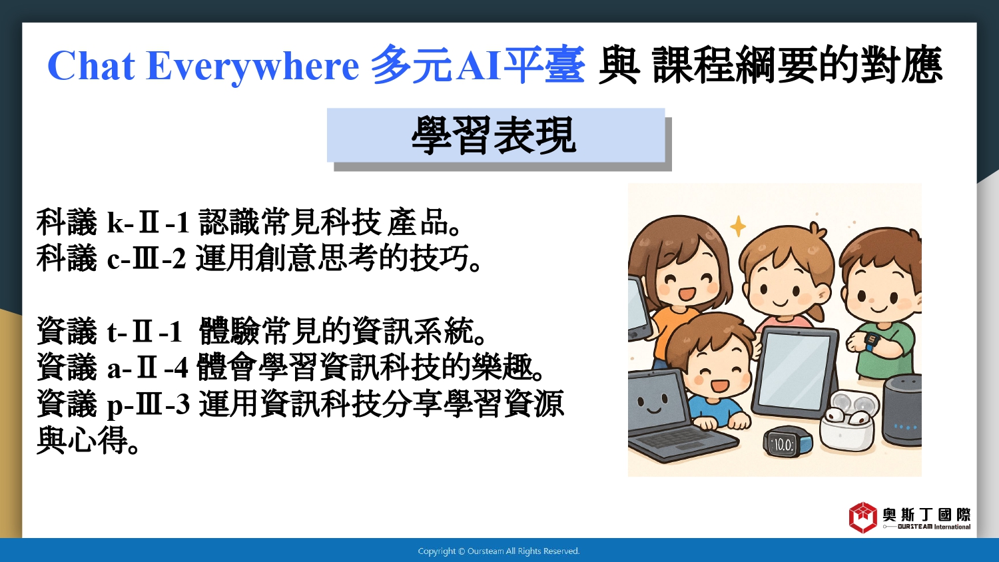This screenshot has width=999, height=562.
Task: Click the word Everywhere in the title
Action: click(252, 67)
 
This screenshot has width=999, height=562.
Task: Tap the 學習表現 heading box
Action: click(496, 135)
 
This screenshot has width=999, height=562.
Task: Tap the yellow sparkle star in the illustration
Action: click(738, 226)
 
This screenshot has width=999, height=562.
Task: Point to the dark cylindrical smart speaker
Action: click(902, 410)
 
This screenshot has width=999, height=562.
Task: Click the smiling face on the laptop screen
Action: click(653, 404)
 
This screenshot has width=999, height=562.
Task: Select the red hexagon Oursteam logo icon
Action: click(863, 517)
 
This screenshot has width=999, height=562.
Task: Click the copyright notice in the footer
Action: click(499, 551)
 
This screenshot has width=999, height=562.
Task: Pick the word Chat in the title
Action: click(91, 66)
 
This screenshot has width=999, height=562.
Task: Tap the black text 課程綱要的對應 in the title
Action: click(797, 66)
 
